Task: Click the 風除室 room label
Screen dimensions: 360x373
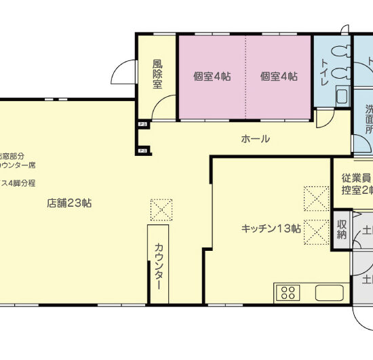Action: pos(157,74)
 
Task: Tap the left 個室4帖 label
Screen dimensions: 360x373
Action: pos(211,77)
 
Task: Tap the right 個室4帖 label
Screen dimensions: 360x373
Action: pos(279,77)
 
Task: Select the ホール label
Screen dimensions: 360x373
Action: pos(256,139)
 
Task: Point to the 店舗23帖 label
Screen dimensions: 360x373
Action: pos(70,202)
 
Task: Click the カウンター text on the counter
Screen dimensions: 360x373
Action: pos(159,266)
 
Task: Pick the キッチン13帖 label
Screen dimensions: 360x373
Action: pos(271,228)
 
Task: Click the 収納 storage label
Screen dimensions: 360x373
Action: pos(341,229)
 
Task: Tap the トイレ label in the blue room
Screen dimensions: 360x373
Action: pos(323,71)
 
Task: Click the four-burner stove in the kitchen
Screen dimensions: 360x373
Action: pos(288,293)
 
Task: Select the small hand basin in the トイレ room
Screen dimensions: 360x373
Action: pos(341,94)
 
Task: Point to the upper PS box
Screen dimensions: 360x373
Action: pos(142,125)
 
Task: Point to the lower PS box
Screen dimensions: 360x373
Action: pos(142,151)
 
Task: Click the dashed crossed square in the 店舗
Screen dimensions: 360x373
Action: pos(162,209)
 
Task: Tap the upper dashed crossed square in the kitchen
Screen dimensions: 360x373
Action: pos(316,200)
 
